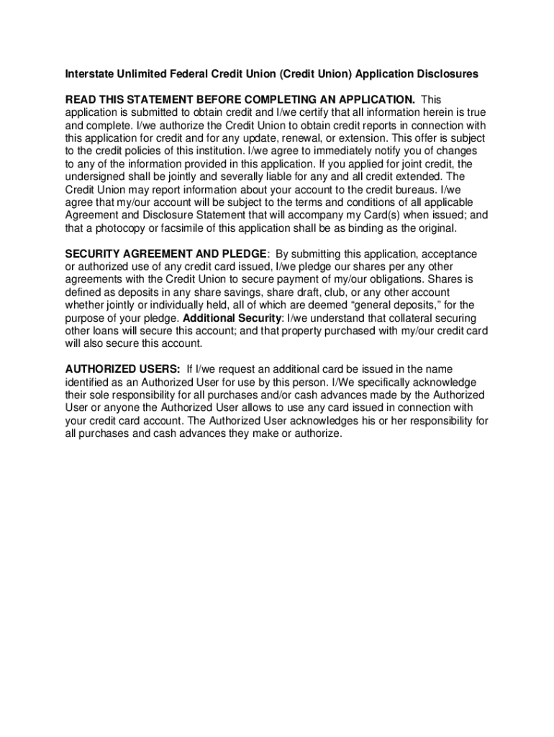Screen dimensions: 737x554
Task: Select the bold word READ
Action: coord(81,99)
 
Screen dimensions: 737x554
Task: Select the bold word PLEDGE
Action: coord(243,254)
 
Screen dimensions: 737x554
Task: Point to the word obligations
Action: coord(386,280)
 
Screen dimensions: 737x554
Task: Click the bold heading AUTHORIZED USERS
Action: coord(122,369)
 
